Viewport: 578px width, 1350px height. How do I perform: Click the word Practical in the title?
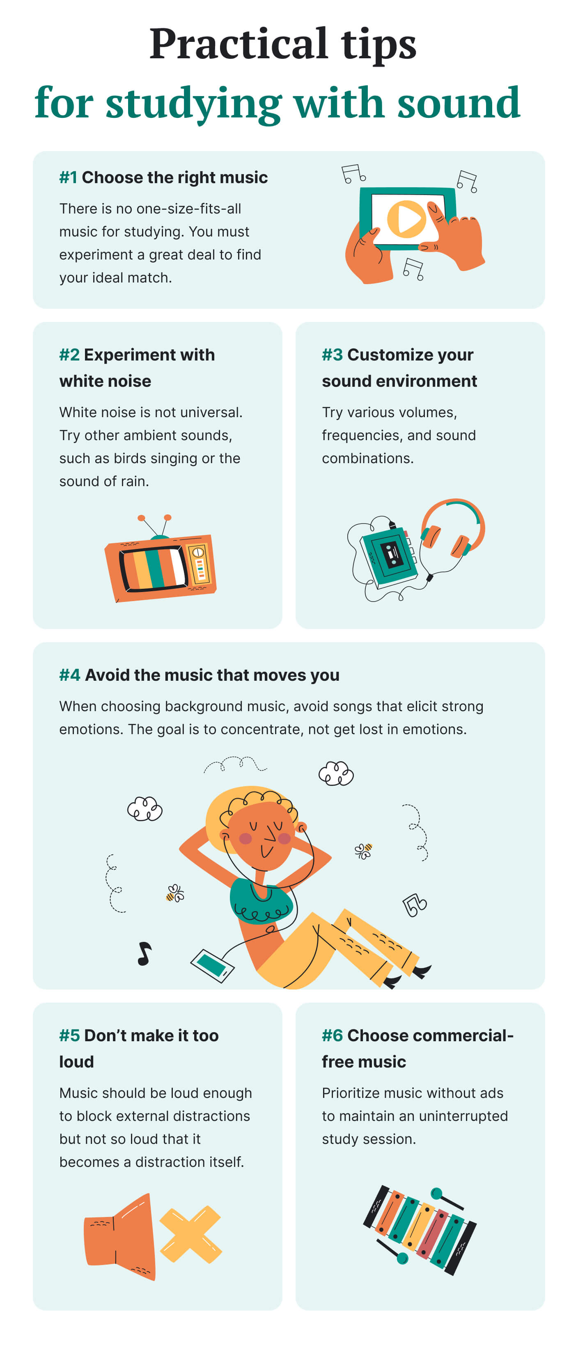pos(239,44)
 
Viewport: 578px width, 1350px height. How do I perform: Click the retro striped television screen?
pos(153,567)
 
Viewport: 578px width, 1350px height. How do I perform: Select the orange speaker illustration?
pos(120,1236)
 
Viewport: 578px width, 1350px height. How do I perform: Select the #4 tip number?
pos(70,675)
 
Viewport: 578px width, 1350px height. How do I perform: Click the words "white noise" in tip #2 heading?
pos(106,381)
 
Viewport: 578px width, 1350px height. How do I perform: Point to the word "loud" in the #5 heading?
pos(76,1061)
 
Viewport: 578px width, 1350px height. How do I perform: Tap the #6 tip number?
pos(332,1035)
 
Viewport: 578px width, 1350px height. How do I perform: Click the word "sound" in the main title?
pos(459,102)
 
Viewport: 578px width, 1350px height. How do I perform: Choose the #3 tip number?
pos(332,354)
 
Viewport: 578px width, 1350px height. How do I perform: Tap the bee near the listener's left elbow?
pos(175,893)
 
